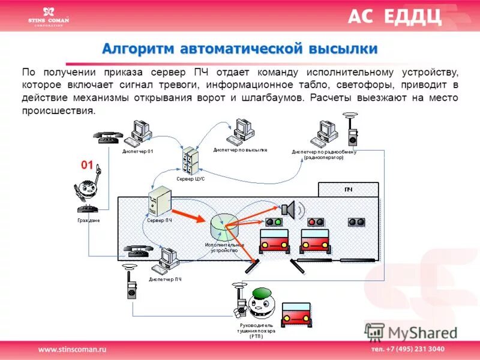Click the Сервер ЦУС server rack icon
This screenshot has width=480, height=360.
191,160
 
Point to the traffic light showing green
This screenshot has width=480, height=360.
274,222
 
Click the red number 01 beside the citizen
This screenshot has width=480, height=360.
88,165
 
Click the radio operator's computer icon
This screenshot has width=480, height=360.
327,132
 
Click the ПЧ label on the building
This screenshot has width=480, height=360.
347,190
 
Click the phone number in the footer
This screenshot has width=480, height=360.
407,349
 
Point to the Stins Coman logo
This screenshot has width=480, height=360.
49,16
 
